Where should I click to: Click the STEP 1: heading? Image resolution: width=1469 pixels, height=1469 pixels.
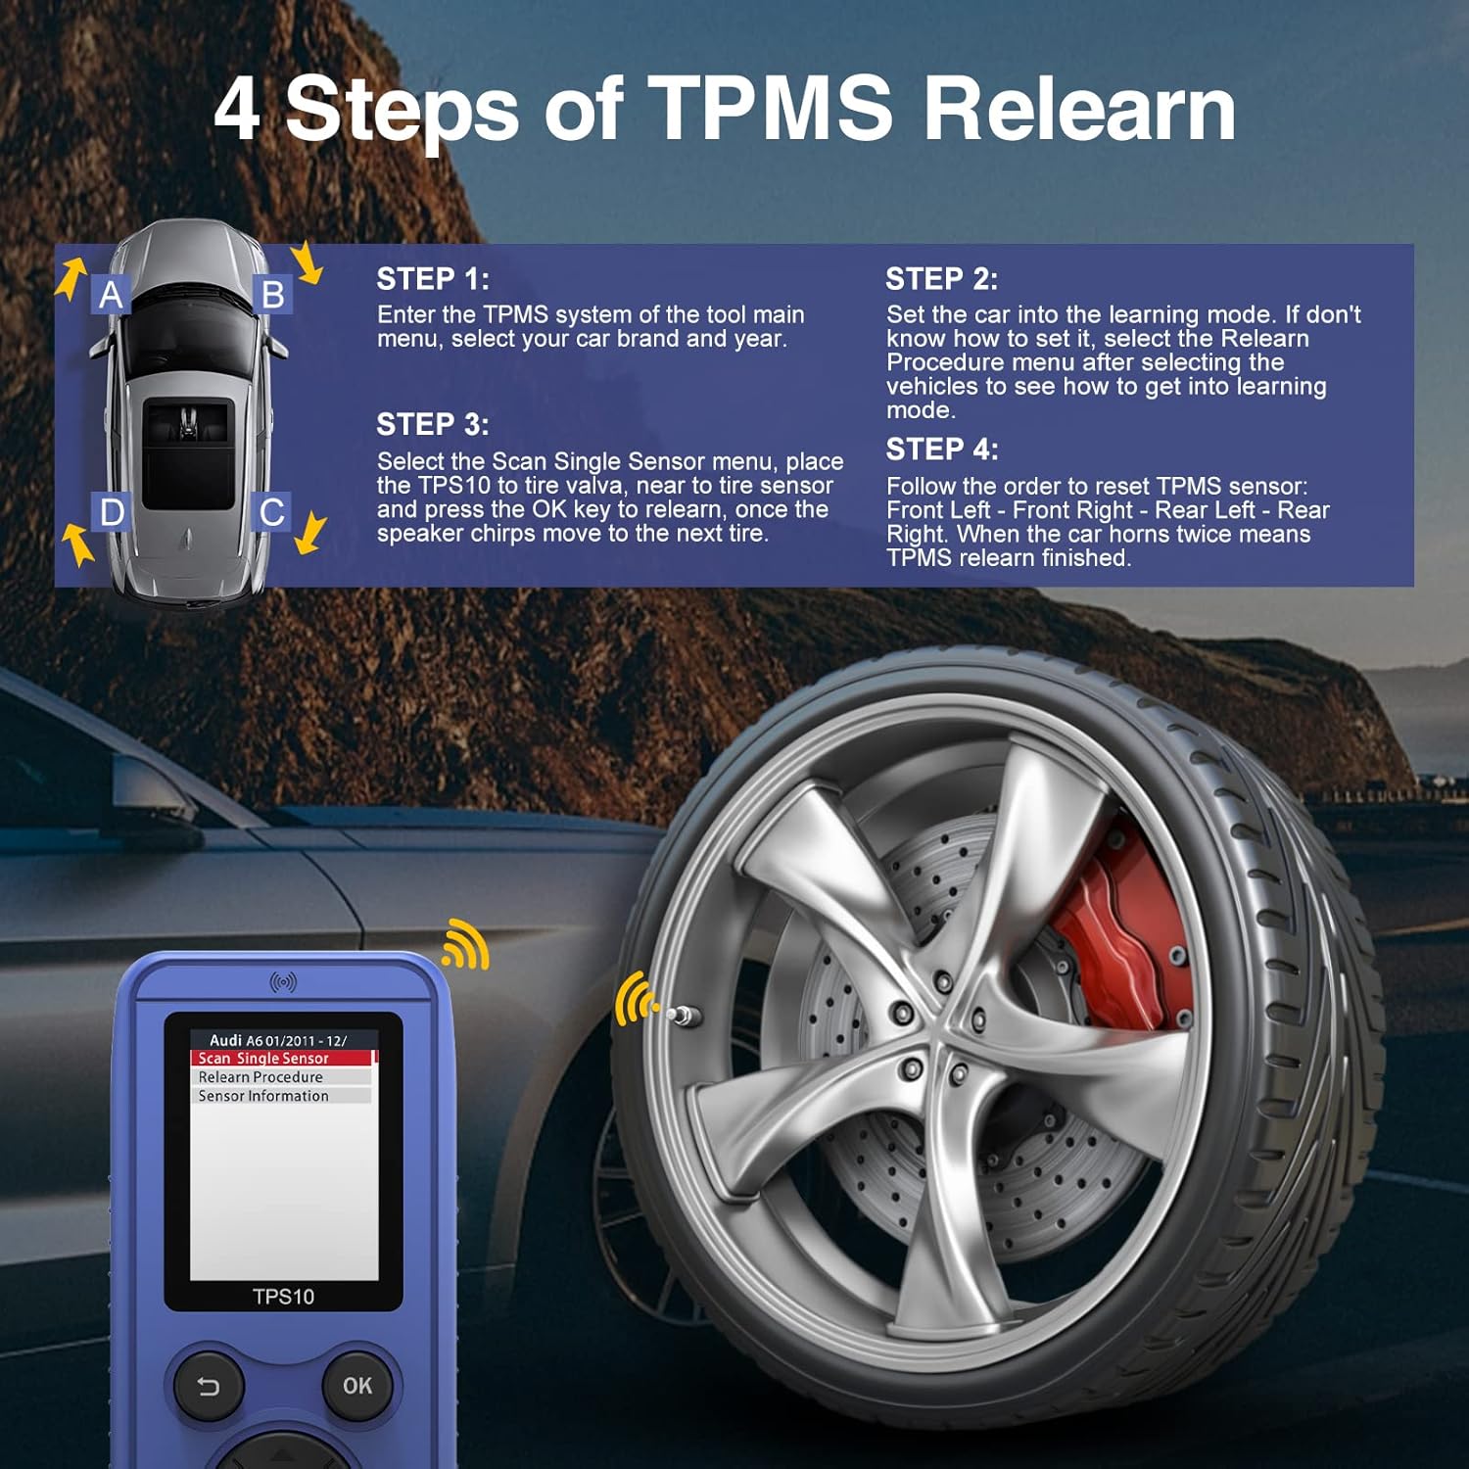coord(433,279)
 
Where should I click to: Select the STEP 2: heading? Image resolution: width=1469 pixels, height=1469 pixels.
coord(941,279)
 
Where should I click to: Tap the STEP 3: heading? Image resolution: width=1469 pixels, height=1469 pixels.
coord(433,424)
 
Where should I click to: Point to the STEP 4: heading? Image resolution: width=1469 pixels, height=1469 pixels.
coord(941,450)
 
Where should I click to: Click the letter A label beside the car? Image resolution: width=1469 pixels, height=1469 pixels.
coord(111,294)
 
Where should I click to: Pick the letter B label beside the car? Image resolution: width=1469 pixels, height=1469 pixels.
coord(273,294)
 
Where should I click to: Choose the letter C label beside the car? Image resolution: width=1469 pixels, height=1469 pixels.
coord(272,512)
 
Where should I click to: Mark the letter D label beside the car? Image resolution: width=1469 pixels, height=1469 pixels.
coord(112,512)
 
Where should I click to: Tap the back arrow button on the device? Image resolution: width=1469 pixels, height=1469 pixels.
coord(209,1386)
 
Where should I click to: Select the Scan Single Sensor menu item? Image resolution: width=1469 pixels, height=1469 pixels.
coord(264,1058)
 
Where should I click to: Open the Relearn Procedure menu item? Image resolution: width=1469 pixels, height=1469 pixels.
coord(261,1076)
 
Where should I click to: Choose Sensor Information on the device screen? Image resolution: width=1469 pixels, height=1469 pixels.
coord(263,1096)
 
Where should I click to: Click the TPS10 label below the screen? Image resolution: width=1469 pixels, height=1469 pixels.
coord(283,1297)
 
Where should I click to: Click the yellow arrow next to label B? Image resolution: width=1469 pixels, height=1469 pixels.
coord(308,262)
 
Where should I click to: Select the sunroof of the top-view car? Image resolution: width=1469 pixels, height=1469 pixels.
coord(186,453)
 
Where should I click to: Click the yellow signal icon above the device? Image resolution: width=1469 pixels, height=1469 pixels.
coord(466,945)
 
